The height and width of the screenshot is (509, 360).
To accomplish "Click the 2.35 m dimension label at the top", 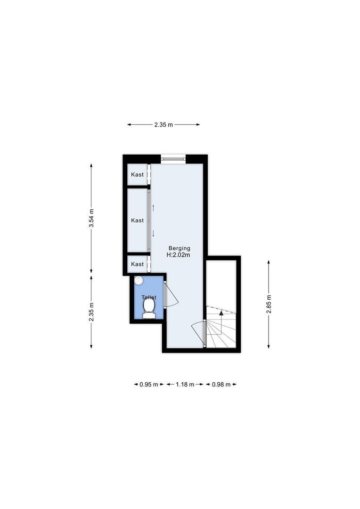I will pos(164,125).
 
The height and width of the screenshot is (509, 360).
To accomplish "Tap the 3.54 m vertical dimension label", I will pos(91,218).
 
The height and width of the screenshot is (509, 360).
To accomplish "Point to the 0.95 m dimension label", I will pos(148,384).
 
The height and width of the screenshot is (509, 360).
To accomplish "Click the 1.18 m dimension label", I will pos(185,384).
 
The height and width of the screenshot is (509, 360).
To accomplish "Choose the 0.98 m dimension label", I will pos(221,384).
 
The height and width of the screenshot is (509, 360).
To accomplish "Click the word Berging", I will pos(180,248).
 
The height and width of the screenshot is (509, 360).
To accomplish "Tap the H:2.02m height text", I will pos(179,255).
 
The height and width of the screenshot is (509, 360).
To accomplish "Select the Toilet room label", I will pos(149,297).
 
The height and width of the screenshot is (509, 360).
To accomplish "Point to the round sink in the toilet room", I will pos(139,280).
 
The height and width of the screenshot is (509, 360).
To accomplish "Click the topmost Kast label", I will pos(138,174).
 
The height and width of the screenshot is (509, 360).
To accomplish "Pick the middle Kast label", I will pos(138,220).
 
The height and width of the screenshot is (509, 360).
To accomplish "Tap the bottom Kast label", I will pos(138,264).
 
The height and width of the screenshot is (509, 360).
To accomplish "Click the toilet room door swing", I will pos(171,295).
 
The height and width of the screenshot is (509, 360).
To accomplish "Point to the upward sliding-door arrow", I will pos(153,207).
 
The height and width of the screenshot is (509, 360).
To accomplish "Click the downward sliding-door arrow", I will pos(153,233).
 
